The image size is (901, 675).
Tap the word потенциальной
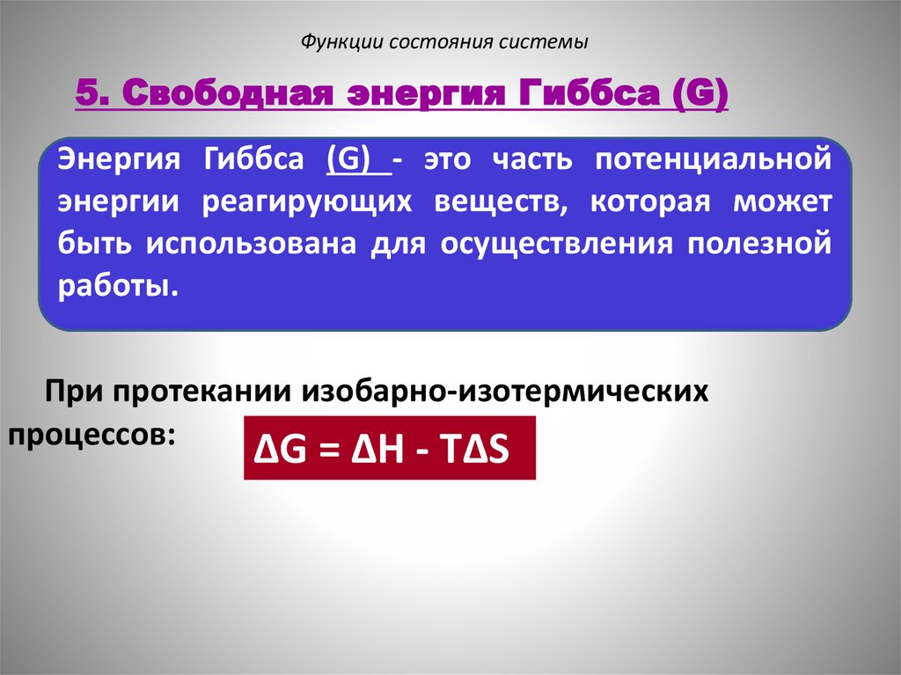pyautogui.click(x=712, y=162)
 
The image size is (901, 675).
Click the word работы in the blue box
pyautogui.click(x=112, y=284)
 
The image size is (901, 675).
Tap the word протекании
pyautogui.click(x=209, y=390)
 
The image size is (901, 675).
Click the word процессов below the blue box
pyautogui.click(x=88, y=433)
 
